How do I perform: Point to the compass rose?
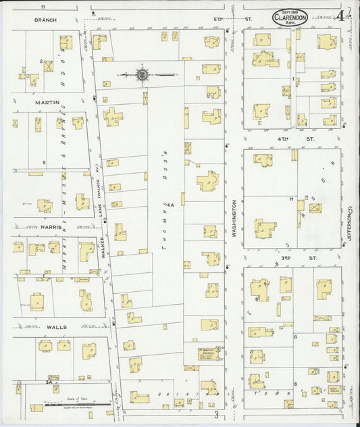[143, 74]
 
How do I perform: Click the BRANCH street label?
[45, 20]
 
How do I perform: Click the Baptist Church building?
[207, 353]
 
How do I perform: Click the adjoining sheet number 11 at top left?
[41, 5]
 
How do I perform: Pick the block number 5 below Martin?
[44, 163]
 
